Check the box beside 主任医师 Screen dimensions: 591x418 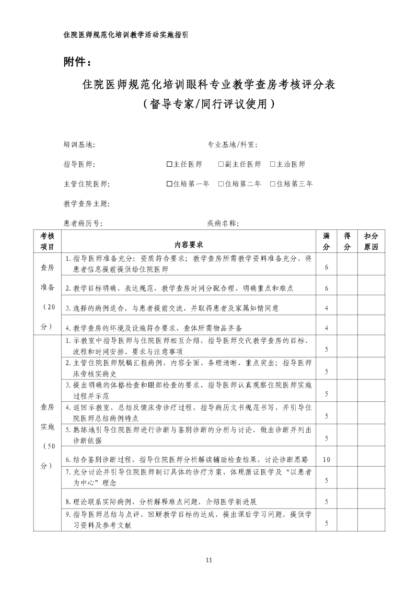coord(169,164)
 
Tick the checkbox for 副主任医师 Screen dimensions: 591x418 coord(221,164)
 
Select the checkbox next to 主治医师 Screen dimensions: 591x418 coord(273,164)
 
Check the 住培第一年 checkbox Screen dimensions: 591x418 coord(169,183)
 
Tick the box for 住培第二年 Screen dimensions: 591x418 coord(221,183)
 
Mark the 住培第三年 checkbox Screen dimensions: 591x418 coord(273,183)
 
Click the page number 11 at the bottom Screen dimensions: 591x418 coord(209,560)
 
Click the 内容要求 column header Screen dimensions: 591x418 coord(189,245)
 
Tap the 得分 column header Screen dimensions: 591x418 coord(347,241)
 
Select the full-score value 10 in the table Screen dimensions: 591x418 coord(327,460)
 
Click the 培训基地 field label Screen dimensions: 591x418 coord(79,145)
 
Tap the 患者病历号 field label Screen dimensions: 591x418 coord(83,223)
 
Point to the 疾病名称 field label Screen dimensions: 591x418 coord(223,223)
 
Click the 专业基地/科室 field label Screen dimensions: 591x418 coord(232,145)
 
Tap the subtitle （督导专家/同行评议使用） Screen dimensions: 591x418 coord(209,103)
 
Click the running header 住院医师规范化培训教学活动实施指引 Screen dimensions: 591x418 coord(125,35)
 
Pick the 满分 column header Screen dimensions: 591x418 coord(327,241)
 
